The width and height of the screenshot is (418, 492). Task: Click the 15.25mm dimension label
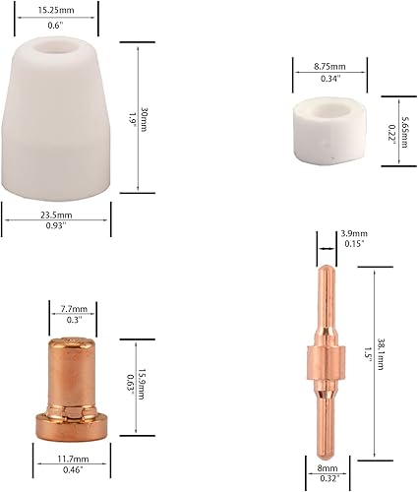click(x=56, y=10)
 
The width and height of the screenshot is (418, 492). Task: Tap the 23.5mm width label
click(x=56, y=215)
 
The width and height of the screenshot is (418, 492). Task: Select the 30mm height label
click(x=144, y=119)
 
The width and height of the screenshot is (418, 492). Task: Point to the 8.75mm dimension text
click(x=329, y=67)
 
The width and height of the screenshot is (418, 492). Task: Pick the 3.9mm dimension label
click(x=354, y=233)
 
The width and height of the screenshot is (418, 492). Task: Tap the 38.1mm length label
click(x=381, y=354)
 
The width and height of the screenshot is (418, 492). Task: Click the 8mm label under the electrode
click(x=328, y=468)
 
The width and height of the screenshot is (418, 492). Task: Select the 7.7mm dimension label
click(x=74, y=309)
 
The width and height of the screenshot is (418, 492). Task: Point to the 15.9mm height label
click(x=141, y=384)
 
